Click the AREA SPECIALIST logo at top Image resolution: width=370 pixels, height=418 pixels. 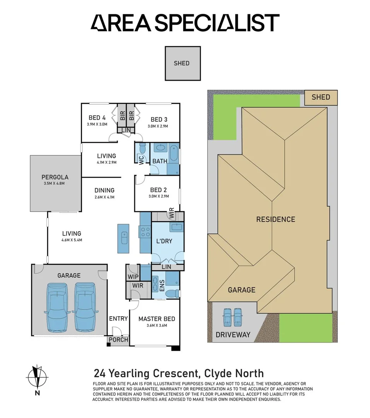pyautogui.click(x=185, y=23)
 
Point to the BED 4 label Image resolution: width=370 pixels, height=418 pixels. pyautogui.click(x=97, y=118)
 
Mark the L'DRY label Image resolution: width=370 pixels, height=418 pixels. pyautogui.click(x=164, y=241)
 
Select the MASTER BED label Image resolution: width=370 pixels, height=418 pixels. pyautogui.click(x=157, y=319)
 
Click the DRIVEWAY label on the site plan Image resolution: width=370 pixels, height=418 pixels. pyautogui.click(x=233, y=335)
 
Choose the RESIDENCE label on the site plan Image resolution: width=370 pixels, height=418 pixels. pyautogui.click(x=276, y=219)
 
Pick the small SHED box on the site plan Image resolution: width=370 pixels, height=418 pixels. pyautogui.click(x=321, y=97)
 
